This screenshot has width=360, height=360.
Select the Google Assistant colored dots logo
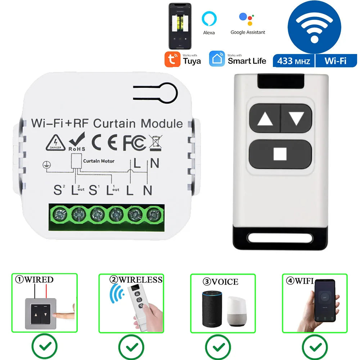point(247,18)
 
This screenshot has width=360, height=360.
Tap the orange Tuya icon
point(172,59)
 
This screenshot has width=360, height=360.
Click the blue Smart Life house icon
point(217,59)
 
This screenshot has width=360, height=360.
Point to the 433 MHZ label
point(293,61)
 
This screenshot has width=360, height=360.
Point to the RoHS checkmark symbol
point(77,141)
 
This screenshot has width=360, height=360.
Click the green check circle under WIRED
point(45,346)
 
